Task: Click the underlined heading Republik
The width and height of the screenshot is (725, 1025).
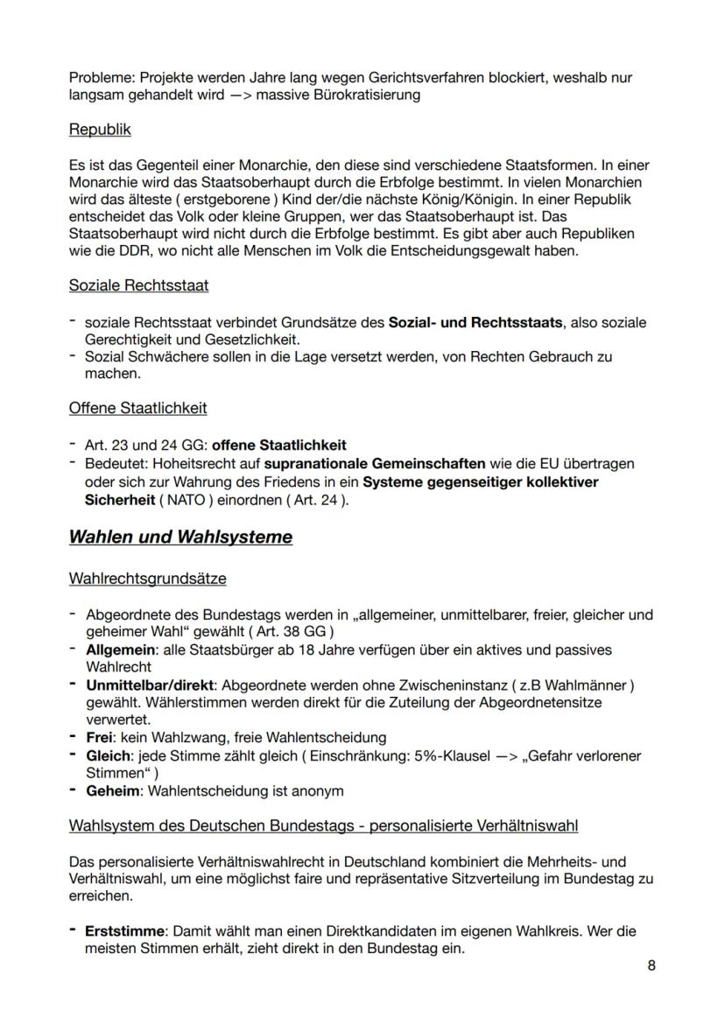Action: pyautogui.click(x=100, y=130)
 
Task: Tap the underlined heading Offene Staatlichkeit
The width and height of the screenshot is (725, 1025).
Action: pyautogui.click(x=137, y=408)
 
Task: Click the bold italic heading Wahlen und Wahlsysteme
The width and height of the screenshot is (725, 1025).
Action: pyautogui.click(x=180, y=537)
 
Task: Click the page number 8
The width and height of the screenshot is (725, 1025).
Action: pyautogui.click(x=651, y=965)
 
